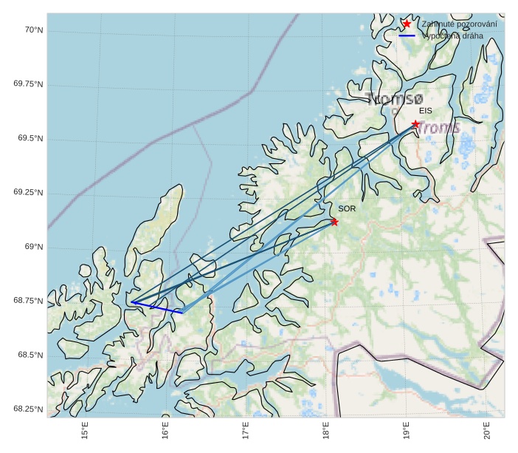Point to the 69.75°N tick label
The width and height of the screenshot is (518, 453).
tap(28, 84)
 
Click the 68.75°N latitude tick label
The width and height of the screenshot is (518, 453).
tap(28, 301)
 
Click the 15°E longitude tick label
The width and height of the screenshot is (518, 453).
tap(85, 429)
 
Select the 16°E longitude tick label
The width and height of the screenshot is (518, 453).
tap(165, 429)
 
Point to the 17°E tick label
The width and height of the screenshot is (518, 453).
tap(246, 429)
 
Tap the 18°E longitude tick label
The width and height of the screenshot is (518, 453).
tap(325, 429)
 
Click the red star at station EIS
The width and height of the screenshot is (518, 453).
tap(415, 124)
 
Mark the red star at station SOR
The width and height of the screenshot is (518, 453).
tap(334, 222)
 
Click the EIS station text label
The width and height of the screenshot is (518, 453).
tap(425, 110)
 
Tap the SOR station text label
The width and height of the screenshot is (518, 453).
tap(347, 208)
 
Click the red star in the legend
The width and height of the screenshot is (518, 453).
tap(407, 24)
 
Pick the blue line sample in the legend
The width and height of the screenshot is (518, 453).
tap(407, 35)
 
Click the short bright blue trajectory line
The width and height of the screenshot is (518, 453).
tap(157, 307)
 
